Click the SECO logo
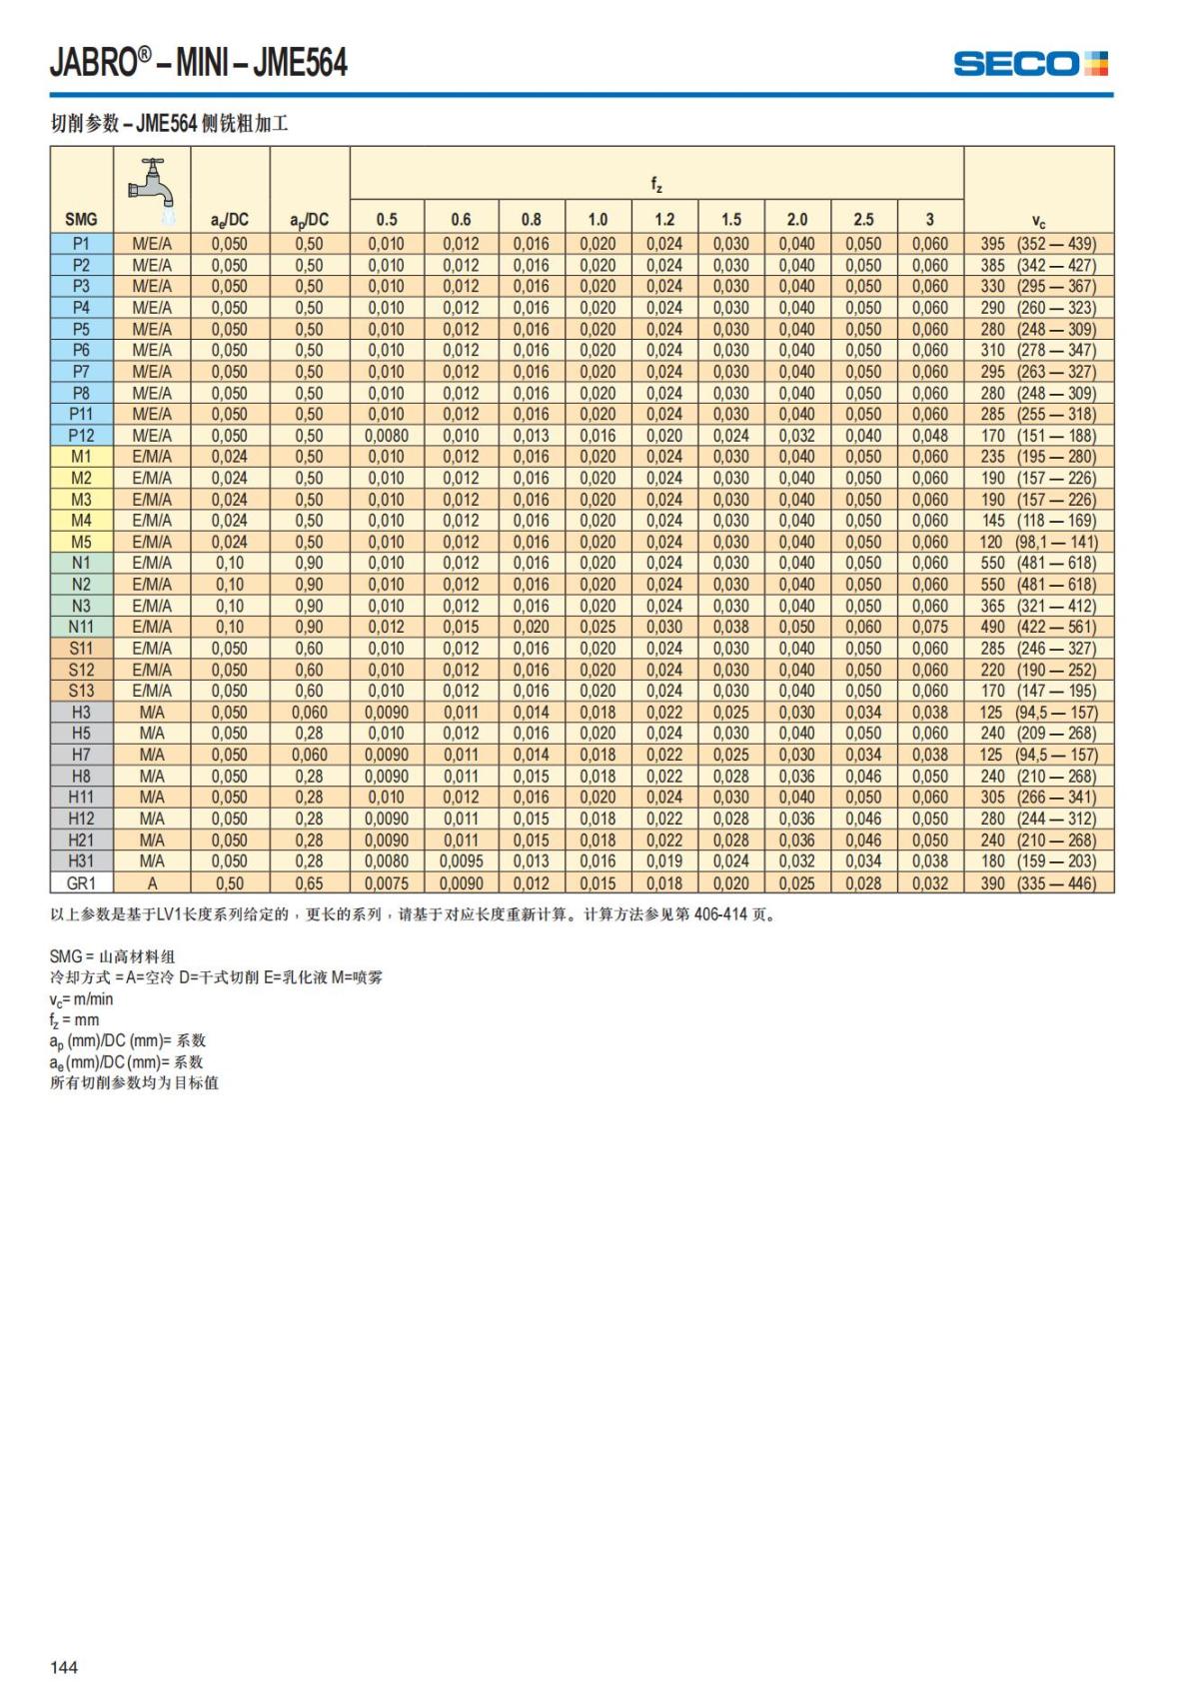pos(1030,64)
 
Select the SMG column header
pos(81,220)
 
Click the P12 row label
pos(81,436)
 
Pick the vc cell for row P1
pos(1038,244)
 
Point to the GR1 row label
pos(81,883)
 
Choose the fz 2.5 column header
pos(863,220)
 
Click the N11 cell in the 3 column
pos(929,627)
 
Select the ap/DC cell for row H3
pos(309,713)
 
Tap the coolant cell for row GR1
pos(152,883)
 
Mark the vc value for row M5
pos(1038,542)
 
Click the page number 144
pos(64,1666)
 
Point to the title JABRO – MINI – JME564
pos(199,63)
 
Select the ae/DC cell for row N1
pos(229,564)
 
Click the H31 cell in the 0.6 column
pos(461,861)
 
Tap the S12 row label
pos(81,670)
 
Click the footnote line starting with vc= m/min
pos(82,999)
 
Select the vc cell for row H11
pos(1038,798)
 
